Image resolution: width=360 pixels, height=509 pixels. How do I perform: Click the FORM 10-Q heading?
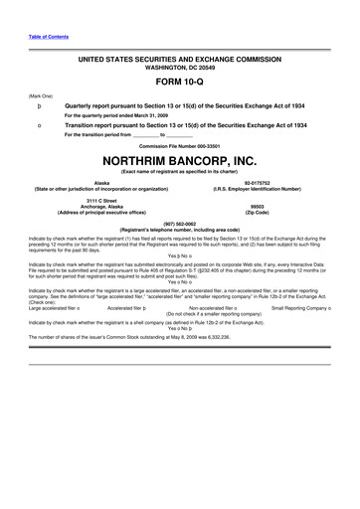tap(179, 83)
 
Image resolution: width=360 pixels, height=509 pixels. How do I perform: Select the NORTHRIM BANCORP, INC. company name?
tap(179, 160)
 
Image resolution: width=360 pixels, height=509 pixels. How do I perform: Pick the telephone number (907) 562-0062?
tap(179, 223)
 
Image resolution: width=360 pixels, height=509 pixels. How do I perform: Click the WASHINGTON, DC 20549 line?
tap(179, 68)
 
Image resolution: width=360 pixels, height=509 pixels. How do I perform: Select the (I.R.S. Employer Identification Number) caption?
tap(257, 189)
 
